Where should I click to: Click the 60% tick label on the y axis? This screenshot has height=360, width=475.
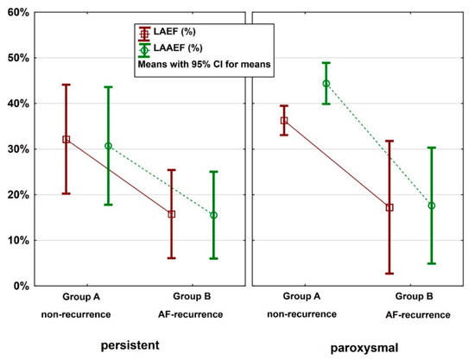point(16,13)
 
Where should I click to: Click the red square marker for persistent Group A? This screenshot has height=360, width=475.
point(66,139)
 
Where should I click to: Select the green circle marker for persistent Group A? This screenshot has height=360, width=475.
point(108,146)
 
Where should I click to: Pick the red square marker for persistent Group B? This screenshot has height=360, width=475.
point(172,214)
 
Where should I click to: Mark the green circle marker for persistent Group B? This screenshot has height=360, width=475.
point(213,215)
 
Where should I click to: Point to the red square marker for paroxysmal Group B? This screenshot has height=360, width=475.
point(389,207)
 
